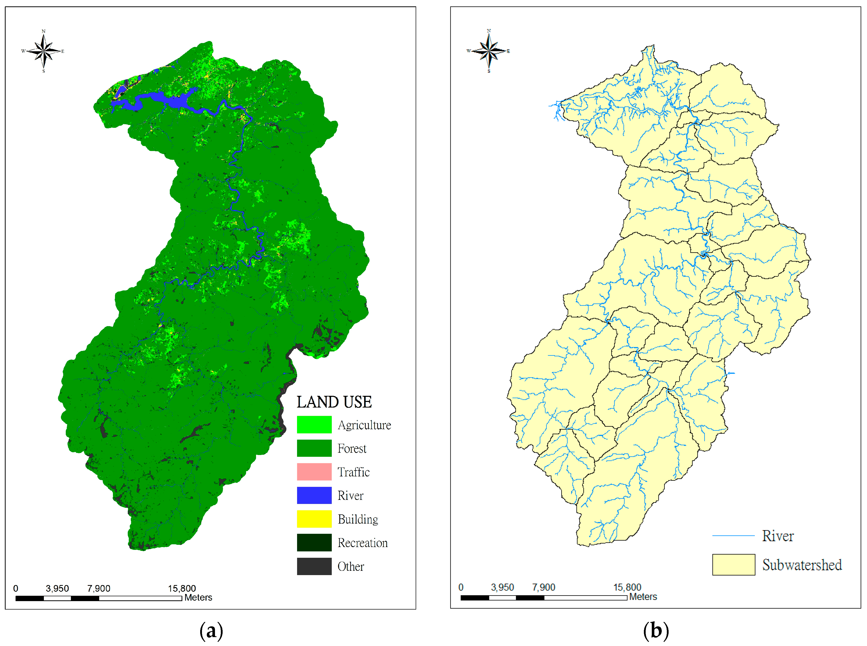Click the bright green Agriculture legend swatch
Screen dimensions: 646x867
coord(314,425)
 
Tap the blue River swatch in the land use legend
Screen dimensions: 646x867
coord(314,496)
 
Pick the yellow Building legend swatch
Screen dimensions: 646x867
coord(314,519)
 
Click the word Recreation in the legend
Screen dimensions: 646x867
coord(362,543)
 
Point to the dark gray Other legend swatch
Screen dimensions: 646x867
coord(314,566)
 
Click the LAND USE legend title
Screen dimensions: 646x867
coord(334,402)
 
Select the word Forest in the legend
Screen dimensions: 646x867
coord(352,449)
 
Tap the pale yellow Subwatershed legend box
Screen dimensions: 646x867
coord(733,565)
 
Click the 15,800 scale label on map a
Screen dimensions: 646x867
coord(182,588)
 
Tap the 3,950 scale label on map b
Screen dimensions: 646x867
coord(502,587)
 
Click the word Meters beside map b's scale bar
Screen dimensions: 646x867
coord(643,597)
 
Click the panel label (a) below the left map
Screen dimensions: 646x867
coord(211,631)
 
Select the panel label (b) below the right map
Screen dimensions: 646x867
coord(656,631)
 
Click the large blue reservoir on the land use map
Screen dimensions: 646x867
coord(172,100)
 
